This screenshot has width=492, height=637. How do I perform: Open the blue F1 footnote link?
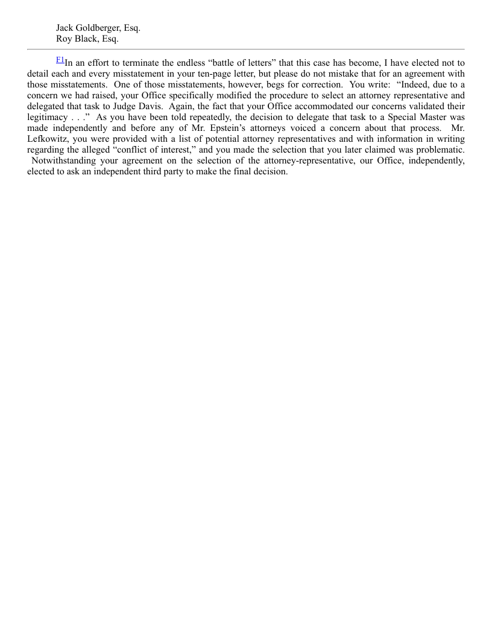(x=60, y=59)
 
